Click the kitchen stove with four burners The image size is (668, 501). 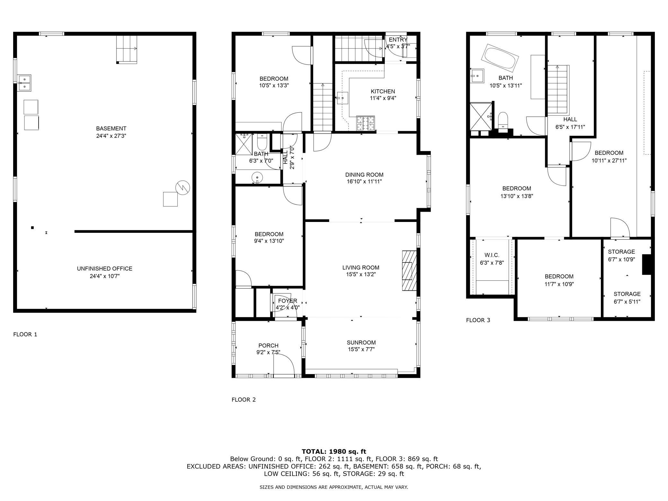point(365,123)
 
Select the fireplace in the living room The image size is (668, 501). point(409,271)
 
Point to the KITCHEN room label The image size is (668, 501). point(383,92)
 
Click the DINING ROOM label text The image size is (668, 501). point(364,175)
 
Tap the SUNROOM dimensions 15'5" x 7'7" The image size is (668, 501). point(361,349)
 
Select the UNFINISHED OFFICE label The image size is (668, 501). point(105,268)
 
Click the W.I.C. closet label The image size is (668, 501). point(492,255)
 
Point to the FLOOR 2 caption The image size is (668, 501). point(244,400)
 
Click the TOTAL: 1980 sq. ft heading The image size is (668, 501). point(334,452)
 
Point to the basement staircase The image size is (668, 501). point(127,49)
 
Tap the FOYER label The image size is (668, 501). point(287,301)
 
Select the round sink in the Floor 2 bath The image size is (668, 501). point(257,177)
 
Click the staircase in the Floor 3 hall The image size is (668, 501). point(558,90)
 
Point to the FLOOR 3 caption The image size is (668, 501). point(478,320)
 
